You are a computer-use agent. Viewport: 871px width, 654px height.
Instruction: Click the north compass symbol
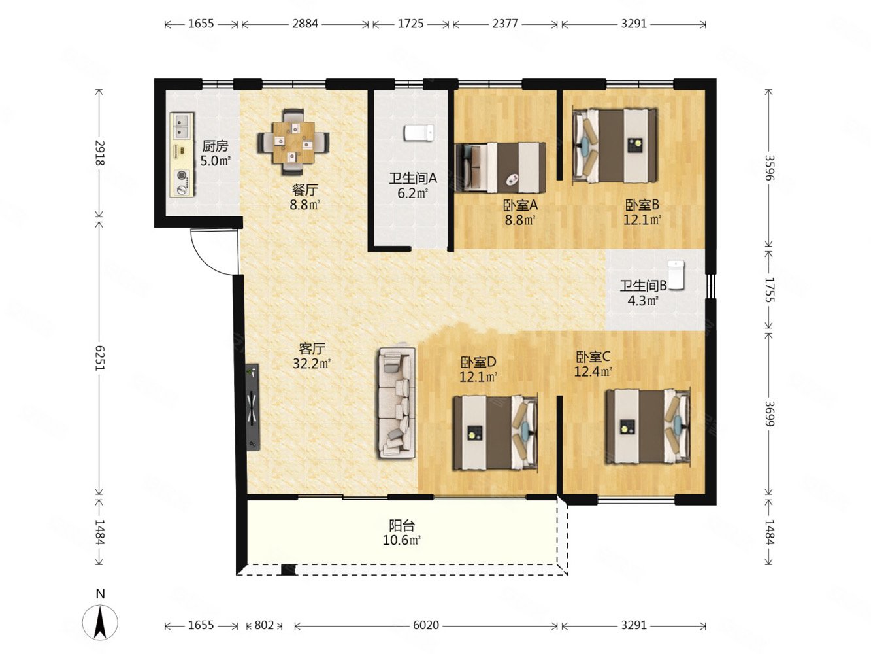100,621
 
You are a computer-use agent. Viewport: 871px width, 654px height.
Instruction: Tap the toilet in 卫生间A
419,133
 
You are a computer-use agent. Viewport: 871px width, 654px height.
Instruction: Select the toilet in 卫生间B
676,275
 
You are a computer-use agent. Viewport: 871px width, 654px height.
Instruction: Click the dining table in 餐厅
293,142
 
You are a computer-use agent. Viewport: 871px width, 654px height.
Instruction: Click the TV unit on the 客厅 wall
253,407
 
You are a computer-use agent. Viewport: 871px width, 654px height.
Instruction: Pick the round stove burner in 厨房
182,175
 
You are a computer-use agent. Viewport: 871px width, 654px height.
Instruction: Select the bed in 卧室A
501,167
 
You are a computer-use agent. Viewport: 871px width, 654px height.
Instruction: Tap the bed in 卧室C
648,426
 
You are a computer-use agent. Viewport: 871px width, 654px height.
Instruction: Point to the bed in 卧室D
496,433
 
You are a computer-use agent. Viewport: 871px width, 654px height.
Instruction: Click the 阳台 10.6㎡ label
402,533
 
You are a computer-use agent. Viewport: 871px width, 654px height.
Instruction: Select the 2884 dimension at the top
304,24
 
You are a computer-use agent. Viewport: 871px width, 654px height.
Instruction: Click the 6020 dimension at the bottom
426,625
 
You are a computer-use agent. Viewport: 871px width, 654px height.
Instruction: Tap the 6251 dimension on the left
99,358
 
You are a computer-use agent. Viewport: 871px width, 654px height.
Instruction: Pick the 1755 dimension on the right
770,290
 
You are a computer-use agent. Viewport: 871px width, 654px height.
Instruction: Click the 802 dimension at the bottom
264,625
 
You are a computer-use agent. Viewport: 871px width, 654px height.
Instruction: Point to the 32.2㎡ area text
312,364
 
